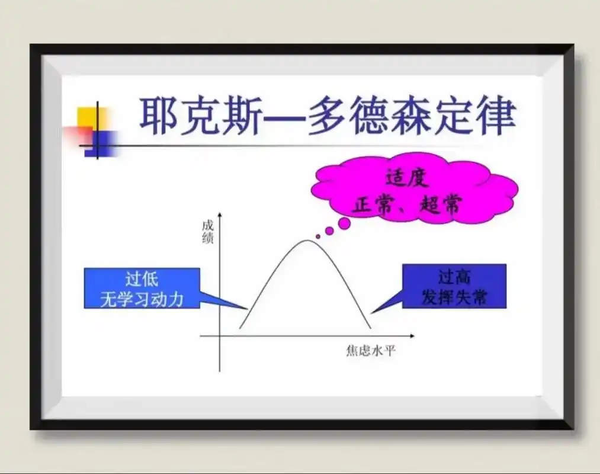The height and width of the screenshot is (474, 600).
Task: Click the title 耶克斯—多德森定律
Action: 327,117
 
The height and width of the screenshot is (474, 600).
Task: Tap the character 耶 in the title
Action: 159,117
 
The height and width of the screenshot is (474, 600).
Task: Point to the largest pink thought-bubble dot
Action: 344,223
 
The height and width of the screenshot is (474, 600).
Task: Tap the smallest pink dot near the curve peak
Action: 318,236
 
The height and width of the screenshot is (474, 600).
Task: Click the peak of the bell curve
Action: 306,240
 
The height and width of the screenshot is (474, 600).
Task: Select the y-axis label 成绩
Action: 207,232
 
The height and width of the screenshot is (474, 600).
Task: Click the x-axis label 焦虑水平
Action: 371,351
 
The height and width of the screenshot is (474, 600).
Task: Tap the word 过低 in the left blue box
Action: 142,278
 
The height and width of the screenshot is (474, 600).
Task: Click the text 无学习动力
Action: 142,297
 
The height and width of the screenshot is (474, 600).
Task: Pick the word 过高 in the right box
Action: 454,277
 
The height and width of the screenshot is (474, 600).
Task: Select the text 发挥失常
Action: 454,297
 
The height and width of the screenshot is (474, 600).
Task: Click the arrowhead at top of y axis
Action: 219,214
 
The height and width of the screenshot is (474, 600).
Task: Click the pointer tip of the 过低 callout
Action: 246,309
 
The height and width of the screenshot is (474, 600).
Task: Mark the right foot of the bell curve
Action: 371,328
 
